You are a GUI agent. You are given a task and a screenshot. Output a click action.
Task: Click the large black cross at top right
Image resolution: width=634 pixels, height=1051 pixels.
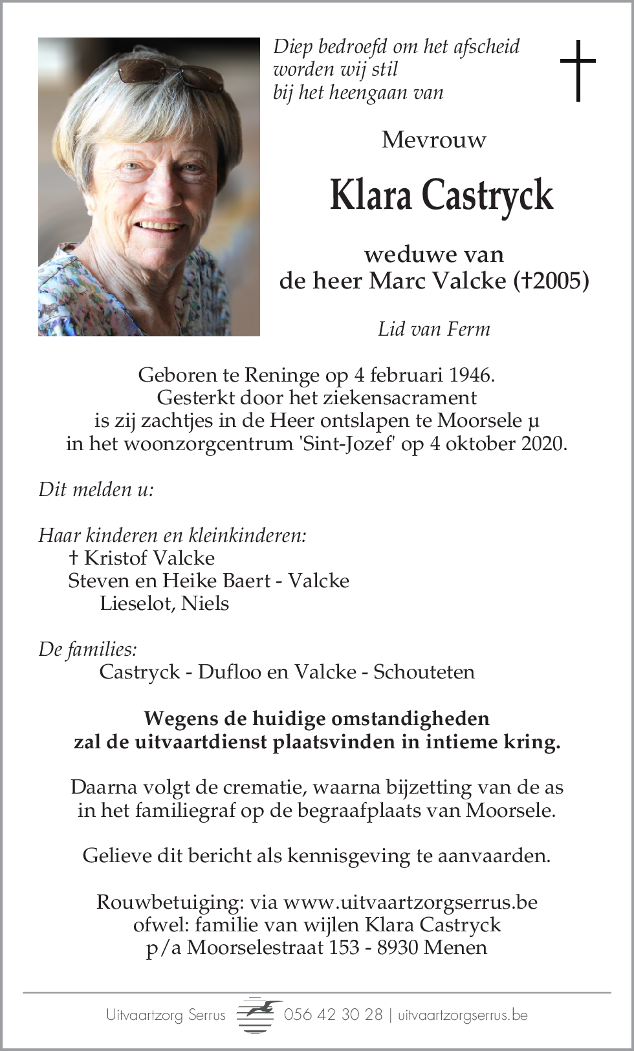pos(577,70)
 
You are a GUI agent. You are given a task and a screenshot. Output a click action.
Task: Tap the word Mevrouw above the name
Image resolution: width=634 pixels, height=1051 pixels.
pos(434,140)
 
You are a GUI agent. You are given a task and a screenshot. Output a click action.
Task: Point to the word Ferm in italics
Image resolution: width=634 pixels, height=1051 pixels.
pos(471,329)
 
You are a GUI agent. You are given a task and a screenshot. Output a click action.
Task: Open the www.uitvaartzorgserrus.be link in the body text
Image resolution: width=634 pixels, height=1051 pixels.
pos(410,902)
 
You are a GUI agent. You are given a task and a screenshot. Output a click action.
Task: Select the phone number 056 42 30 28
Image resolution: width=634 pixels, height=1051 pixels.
pos(334,1015)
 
